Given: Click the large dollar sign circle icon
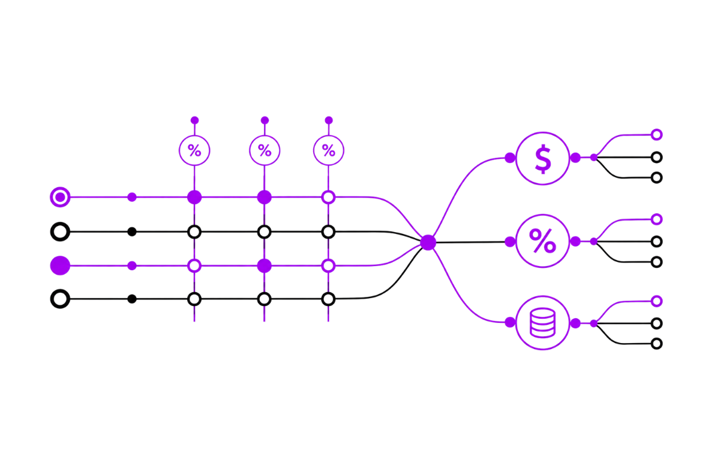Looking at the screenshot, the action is pos(543,158).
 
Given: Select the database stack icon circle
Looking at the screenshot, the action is pos(543,323).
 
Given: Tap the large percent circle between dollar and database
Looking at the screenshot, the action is pos(543,241).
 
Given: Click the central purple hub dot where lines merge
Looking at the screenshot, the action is pos(428,242).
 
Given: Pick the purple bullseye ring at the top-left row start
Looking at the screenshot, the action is pos(60,197).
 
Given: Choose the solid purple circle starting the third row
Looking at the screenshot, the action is pos(60,265).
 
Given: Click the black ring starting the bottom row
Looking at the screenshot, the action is pos(60,299).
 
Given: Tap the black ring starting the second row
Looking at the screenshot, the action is pos(60,232).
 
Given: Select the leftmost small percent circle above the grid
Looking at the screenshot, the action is pos(194,151).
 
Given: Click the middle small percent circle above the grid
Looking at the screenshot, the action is pos(264,151).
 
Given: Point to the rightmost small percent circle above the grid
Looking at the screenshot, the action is pos(328,151).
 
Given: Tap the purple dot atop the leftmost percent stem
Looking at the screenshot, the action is pos(194,120).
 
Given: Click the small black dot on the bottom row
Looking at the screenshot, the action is pos(131,299).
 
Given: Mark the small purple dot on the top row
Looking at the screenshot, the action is pos(131,197).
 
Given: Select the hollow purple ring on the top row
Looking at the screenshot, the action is pos(328,197).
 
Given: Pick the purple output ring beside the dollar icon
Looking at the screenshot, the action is pos(657,135).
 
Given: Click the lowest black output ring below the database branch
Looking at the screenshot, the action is pos(657,343).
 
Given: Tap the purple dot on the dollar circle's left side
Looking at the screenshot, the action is pos(510,158).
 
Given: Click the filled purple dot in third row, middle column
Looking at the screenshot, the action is pos(264,265).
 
